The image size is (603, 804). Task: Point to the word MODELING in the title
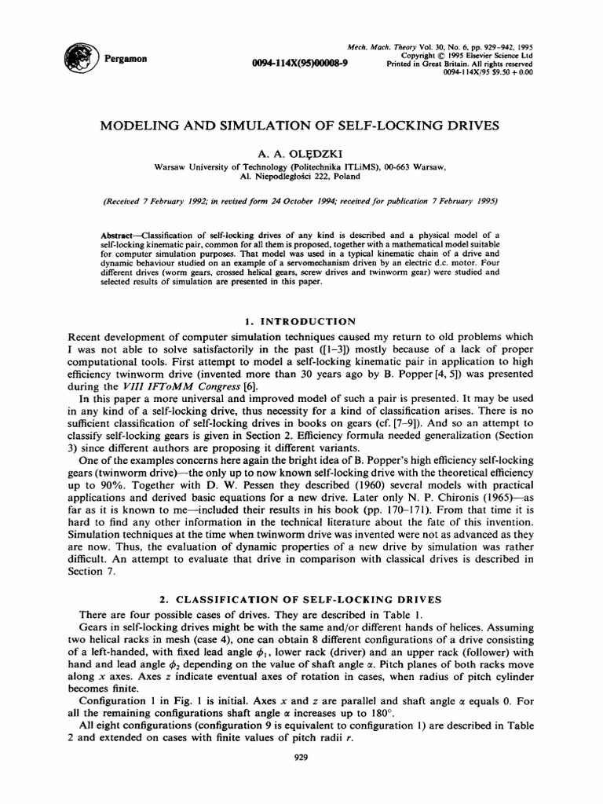click(x=142, y=125)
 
